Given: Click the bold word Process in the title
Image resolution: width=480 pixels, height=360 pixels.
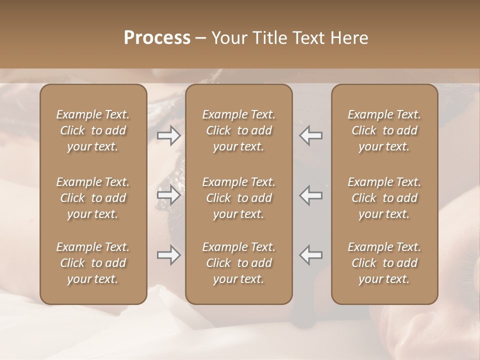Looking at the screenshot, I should [157, 38].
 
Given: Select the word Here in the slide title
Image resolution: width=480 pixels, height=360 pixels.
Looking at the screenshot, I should [348, 38].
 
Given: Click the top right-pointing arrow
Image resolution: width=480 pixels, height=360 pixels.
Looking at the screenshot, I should [168, 135].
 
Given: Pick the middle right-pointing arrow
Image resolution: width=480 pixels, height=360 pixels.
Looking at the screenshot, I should [168, 195].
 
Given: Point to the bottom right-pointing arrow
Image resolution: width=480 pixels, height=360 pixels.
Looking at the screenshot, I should [168, 255].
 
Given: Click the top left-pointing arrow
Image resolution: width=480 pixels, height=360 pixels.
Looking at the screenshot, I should [311, 135].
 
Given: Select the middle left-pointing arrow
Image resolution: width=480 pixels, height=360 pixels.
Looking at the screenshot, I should [311, 195].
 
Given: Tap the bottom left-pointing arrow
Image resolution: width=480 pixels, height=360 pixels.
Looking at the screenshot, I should [311, 255].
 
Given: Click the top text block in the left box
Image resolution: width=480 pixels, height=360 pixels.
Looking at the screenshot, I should [93, 130].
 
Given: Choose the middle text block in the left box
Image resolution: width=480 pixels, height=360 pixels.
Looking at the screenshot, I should [93, 198].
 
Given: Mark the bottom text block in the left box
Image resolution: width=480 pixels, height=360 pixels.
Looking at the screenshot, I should [93, 263].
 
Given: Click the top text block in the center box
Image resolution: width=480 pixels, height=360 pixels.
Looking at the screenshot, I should [239, 130].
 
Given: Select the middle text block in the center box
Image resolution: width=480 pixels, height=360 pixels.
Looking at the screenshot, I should [239, 198].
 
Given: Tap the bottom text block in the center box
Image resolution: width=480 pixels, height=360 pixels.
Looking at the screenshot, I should [239, 263].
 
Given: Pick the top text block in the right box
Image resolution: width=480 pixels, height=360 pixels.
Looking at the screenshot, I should [384, 130].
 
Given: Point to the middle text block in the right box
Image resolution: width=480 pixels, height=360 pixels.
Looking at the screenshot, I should [384, 198].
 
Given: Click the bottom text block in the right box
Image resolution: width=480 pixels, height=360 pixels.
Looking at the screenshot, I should [384, 263].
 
